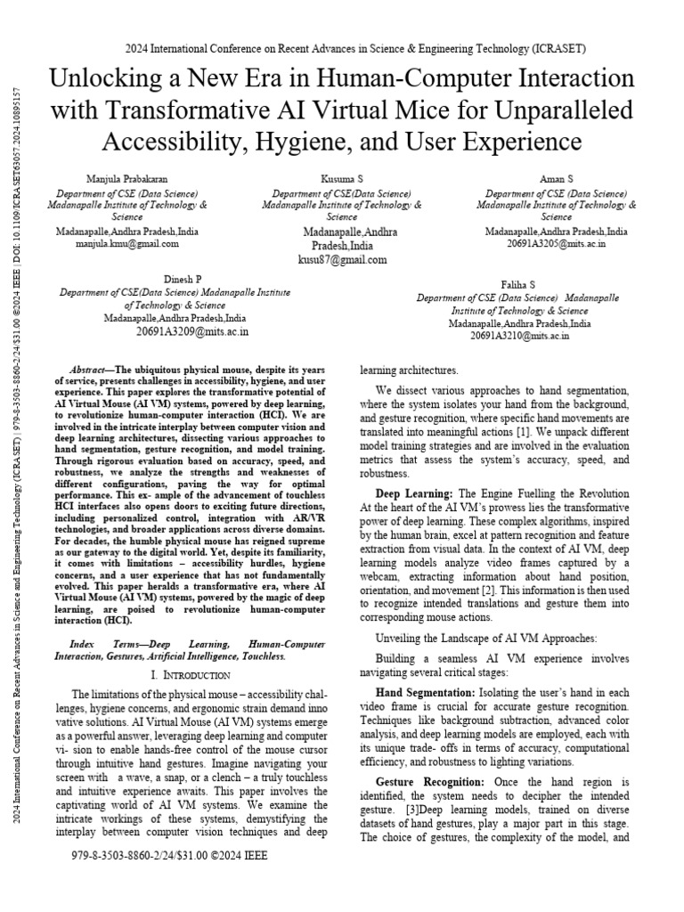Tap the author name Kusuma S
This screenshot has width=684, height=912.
pos(342,180)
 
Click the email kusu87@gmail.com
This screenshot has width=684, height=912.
pos(342,260)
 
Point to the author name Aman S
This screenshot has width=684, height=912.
pos(556,180)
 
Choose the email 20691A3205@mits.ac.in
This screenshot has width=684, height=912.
pos(556,242)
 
